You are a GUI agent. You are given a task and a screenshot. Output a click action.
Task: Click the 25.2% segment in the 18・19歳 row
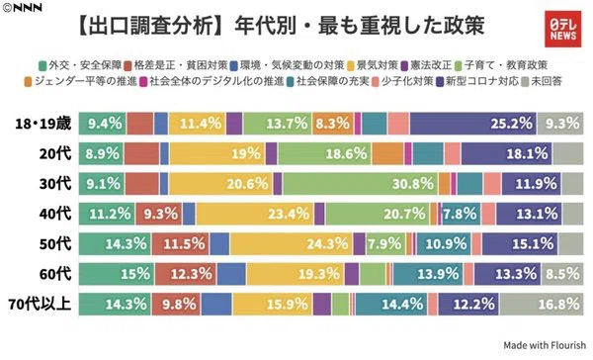(x=473, y=124)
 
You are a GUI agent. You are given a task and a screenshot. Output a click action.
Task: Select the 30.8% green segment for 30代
(x=361, y=184)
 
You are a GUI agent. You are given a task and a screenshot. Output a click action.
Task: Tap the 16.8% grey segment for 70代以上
(x=542, y=304)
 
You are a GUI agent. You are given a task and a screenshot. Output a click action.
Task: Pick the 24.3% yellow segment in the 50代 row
(x=292, y=243)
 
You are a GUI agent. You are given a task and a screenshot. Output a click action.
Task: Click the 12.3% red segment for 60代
(x=186, y=274)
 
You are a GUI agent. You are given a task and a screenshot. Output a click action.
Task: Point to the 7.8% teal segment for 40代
(x=462, y=214)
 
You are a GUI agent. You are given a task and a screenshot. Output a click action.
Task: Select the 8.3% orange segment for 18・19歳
(x=333, y=124)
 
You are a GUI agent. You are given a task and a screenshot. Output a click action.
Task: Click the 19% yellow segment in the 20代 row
(x=217, y=153)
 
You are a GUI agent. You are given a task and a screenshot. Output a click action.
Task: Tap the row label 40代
(x=55, y=214)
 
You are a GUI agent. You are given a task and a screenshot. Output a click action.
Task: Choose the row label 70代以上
(x=41, y=304)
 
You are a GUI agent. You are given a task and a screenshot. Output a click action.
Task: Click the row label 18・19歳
(x=43, y=124)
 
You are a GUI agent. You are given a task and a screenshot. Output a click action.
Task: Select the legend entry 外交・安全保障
(x=80, y=65)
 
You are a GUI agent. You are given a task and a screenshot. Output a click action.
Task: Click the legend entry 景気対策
(x=373, y=65)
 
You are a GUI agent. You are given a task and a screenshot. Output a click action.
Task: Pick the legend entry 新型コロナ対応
(x=477, y=81)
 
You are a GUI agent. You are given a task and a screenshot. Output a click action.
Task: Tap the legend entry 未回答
(x=542, y=81)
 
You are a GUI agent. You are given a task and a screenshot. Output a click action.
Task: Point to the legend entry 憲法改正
(x=427, y=65)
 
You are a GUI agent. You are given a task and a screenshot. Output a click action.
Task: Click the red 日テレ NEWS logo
(x=562, y=29)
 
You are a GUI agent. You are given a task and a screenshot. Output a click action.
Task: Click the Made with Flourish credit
(x=545, y=345)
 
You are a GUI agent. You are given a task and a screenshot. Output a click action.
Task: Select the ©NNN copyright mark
(x=22, y=8)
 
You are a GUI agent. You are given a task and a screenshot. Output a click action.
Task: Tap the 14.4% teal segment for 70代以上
(x=391, y=304)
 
